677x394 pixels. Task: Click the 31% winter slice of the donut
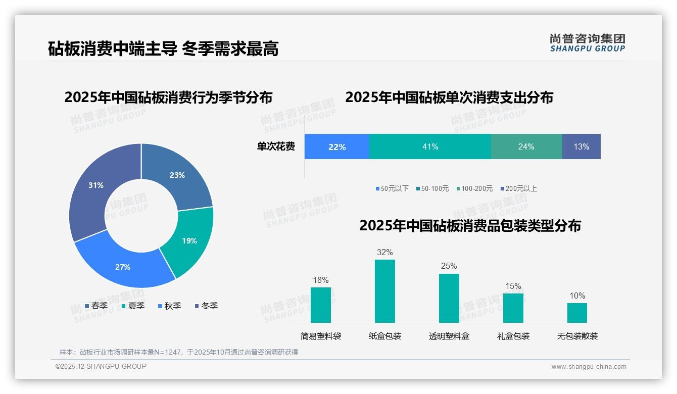(x=96, y=185)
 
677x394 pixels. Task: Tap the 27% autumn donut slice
(x=123, y=267)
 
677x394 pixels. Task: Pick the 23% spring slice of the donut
(x=177, y=175)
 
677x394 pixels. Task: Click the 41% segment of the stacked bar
(x=430, y=146)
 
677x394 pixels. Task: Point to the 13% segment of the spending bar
(x=581, y=146)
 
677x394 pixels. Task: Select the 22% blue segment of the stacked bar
(x=336, y=146)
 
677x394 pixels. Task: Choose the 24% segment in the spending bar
(x=526, y=146)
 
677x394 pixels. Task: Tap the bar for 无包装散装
(x=577, y=313)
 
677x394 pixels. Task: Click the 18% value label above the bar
(x=320, y=280)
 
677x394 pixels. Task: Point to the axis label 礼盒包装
(x=513, y=336)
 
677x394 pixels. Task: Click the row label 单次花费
(x=276, y=146)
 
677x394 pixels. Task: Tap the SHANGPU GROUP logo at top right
(x=587, y=42)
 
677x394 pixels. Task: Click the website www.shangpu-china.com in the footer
(x=589, y=366)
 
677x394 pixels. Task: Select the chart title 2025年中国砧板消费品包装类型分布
(x=470, y=225)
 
